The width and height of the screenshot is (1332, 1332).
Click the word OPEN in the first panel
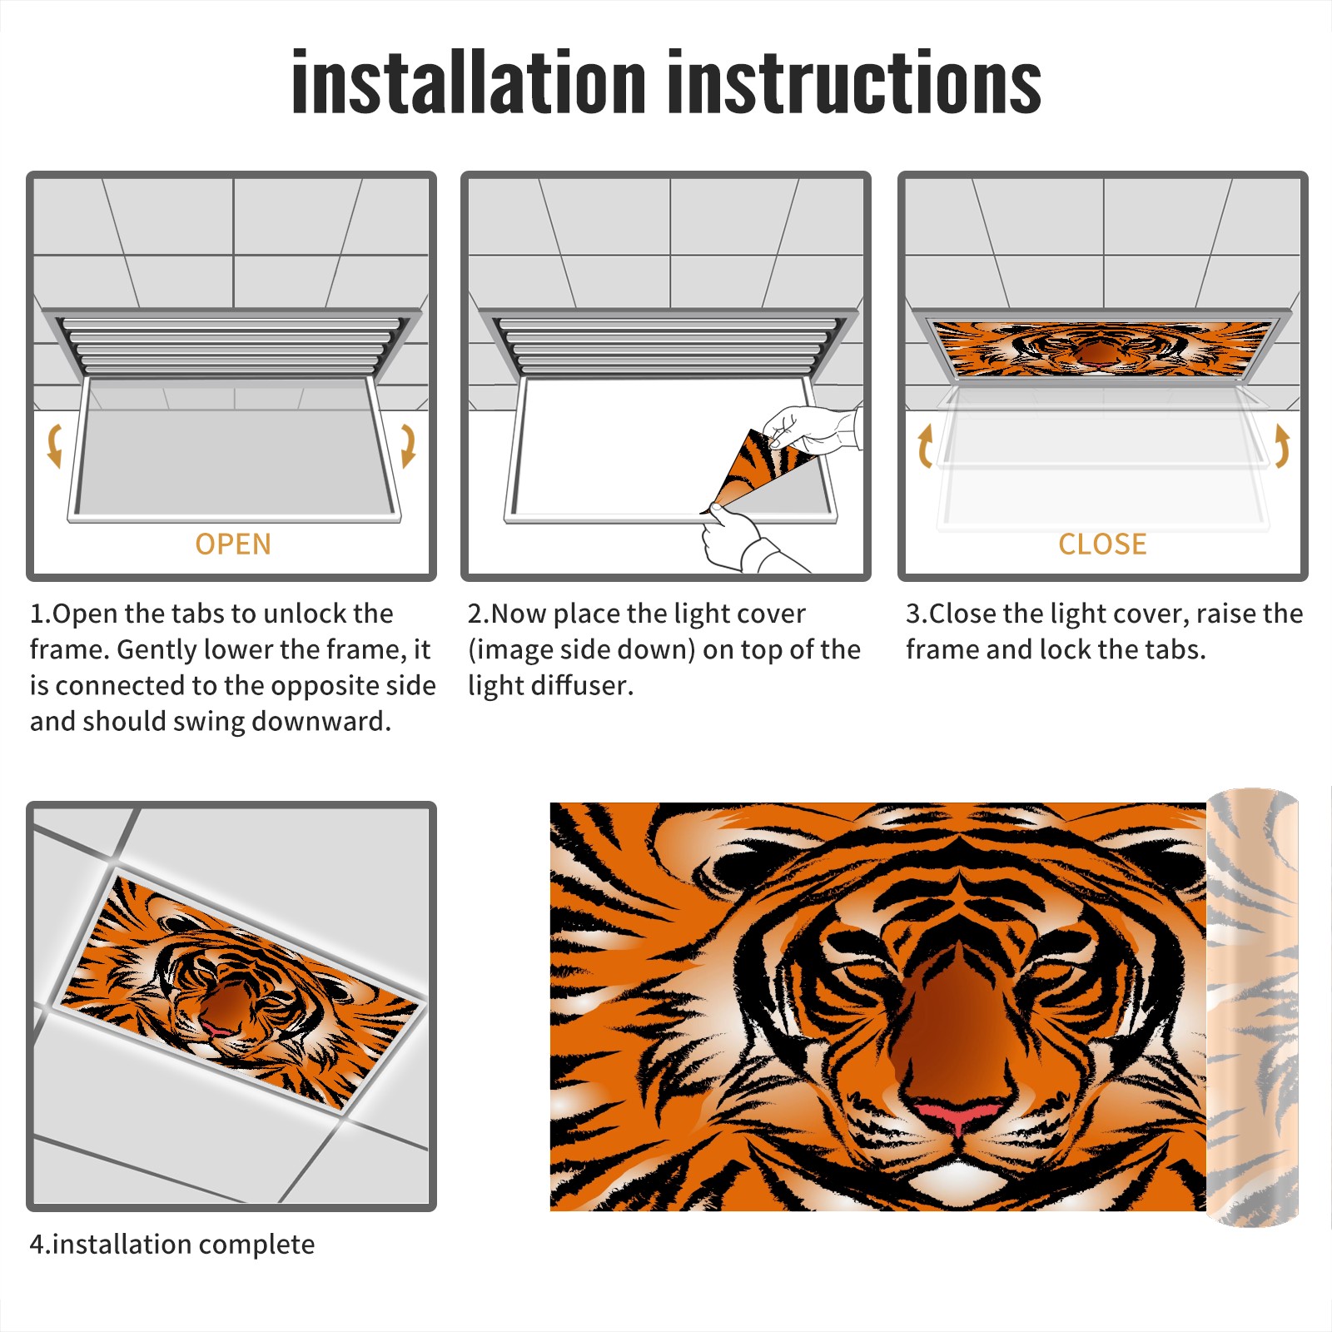pos(233,544)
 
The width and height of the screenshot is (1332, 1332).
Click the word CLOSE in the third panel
pos(1102,544)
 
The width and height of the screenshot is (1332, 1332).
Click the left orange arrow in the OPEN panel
pos(55,445)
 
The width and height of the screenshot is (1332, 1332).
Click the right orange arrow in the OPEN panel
pos(408,445)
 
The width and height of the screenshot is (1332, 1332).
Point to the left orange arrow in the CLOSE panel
pos(925,445)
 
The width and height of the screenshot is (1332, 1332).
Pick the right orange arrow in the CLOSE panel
pos(1282,445)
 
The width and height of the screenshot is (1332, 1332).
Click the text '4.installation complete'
pos(172,1245)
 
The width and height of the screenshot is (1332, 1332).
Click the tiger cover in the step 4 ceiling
pos(240,992)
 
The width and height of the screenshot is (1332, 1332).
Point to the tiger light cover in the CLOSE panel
pos(1103,348)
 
